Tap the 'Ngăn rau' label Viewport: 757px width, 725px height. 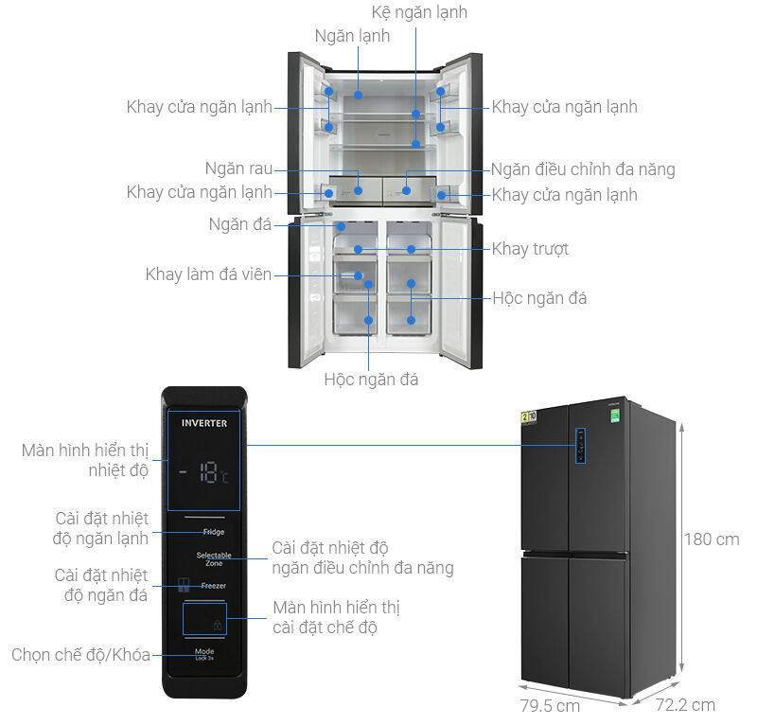point(238,169)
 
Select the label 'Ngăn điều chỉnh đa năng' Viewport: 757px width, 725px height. point(583,170)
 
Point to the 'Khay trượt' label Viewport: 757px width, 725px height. point(530,249)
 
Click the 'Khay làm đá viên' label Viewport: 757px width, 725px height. point(208,274)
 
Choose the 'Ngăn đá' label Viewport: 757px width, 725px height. point(240,224)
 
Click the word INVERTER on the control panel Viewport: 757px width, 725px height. point(204,423)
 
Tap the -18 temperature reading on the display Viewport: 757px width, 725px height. point(204,474)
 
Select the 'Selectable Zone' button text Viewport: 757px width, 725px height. point(214,558)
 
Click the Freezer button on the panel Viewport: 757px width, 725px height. point(213,586)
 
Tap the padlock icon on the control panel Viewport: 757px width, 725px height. point(218,626)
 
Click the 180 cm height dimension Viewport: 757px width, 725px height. point(713,539)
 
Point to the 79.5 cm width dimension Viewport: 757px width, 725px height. point(549,706)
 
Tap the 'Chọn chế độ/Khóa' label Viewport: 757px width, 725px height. point(80,655)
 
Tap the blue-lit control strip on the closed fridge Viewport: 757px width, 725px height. point(578,446)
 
